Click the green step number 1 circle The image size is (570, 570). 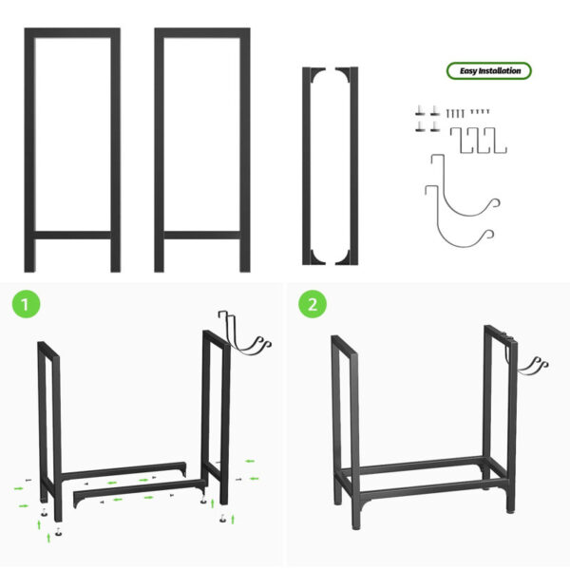tap(26, 305)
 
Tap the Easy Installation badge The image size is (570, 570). tap(489, 70)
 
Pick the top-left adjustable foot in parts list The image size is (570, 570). tap(419, 111)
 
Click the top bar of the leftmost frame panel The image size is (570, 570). tap(72, 33)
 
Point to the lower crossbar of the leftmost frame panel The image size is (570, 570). tap(72, 233)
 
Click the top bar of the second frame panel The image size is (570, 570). tap(201, 33)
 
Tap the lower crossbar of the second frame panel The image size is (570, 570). tap(201, 233)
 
